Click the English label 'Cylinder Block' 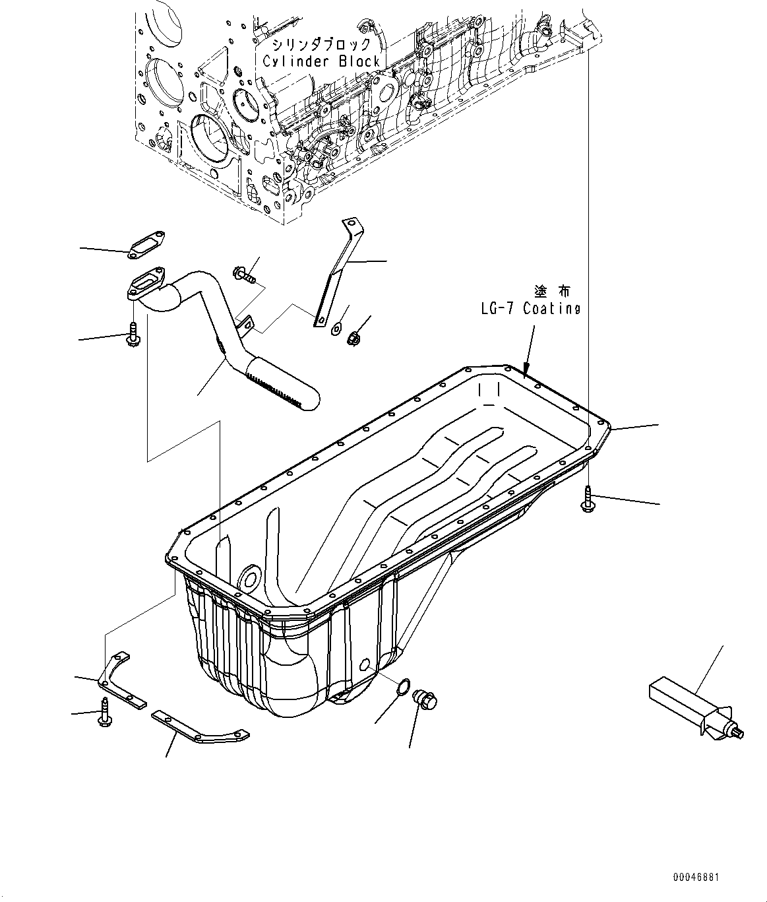pyautogui.click(x=321, y=61)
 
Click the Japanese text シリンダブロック pyautogui.click(x=321, y=45)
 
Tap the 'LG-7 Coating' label pyautogui.click(x=530, y=309)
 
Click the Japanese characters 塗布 pyautogui.click(x=553, y=290)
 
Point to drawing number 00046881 pyautogui.click(x=696, y=877)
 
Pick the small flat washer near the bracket pyautogui.click(x=337, y=326)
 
